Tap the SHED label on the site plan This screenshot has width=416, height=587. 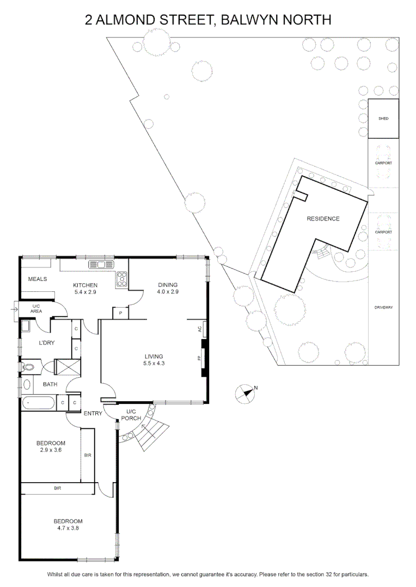[x=383, y=118]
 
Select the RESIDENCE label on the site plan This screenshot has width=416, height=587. [x=323, y=218]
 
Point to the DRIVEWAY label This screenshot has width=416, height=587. [x=383, y=307]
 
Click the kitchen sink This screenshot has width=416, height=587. [x=101, y=265]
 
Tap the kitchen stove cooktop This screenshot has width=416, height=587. [x=122, y=279]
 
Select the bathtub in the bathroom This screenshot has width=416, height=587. [x=39, y=403]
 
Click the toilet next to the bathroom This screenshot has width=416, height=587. [x=28, y=367]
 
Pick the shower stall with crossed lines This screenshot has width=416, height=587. [x=67, y=367]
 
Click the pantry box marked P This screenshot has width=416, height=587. [x=120, y=313]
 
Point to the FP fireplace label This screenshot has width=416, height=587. [x=199, y=358]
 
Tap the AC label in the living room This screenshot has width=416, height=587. [x=199, y=329]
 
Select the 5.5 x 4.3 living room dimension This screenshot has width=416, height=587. [x=154, y=363]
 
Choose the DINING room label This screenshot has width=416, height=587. [x=168, y=285]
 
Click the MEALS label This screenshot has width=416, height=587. [x=38, y=279]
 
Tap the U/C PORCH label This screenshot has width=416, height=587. [x=131, y=415]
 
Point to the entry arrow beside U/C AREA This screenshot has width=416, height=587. [x=14, y=310]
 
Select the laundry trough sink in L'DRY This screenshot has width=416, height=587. [x=26, y=327]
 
